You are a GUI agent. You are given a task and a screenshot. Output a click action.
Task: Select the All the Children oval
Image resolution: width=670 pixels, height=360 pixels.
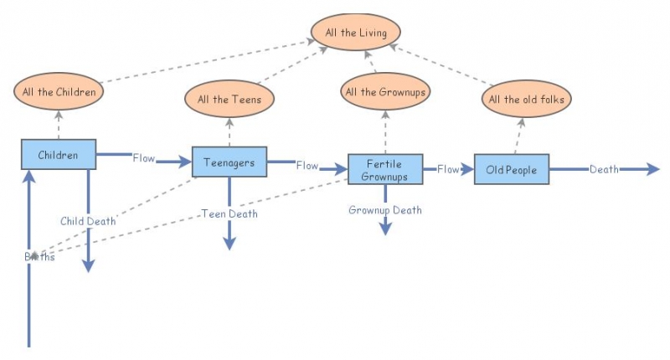pos(59,91)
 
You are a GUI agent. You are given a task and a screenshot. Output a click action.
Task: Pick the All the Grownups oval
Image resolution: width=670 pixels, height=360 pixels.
pos(385,91)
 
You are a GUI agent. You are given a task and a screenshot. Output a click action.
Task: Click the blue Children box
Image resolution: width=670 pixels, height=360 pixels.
pos(59,155)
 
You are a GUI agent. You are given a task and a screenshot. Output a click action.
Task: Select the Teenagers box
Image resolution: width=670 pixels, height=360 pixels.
pos(229,162)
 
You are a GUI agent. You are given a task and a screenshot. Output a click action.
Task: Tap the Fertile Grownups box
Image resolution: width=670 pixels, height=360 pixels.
pos(385,170)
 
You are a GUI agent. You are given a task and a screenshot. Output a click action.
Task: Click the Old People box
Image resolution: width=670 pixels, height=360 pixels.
pos(511,170)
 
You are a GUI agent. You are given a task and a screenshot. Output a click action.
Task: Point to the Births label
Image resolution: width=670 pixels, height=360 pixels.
pos(39,257)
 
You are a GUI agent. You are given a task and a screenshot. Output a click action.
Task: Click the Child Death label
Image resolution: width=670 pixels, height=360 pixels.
pos(88,221)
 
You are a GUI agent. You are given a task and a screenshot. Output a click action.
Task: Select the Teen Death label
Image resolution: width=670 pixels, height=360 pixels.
pos(229,214)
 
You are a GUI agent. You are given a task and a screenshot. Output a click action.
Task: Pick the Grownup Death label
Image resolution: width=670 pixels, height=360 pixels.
pos(385,210)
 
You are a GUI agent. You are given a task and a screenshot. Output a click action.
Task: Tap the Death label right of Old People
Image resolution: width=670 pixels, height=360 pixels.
pos(604,170)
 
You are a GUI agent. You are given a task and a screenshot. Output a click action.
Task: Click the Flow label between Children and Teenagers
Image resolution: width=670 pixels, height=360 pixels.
pos(143,158)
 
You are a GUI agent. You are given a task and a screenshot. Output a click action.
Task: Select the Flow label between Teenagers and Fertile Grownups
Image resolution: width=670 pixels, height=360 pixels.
pos(307,166)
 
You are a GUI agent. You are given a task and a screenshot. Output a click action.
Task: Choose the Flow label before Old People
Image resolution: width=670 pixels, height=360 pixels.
pos(448,170)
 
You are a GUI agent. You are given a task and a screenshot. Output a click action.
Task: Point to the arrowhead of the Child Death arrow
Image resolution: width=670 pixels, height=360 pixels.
pos(88,265)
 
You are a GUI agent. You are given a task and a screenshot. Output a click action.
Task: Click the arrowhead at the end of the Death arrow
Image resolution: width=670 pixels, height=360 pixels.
pos(653,170)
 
